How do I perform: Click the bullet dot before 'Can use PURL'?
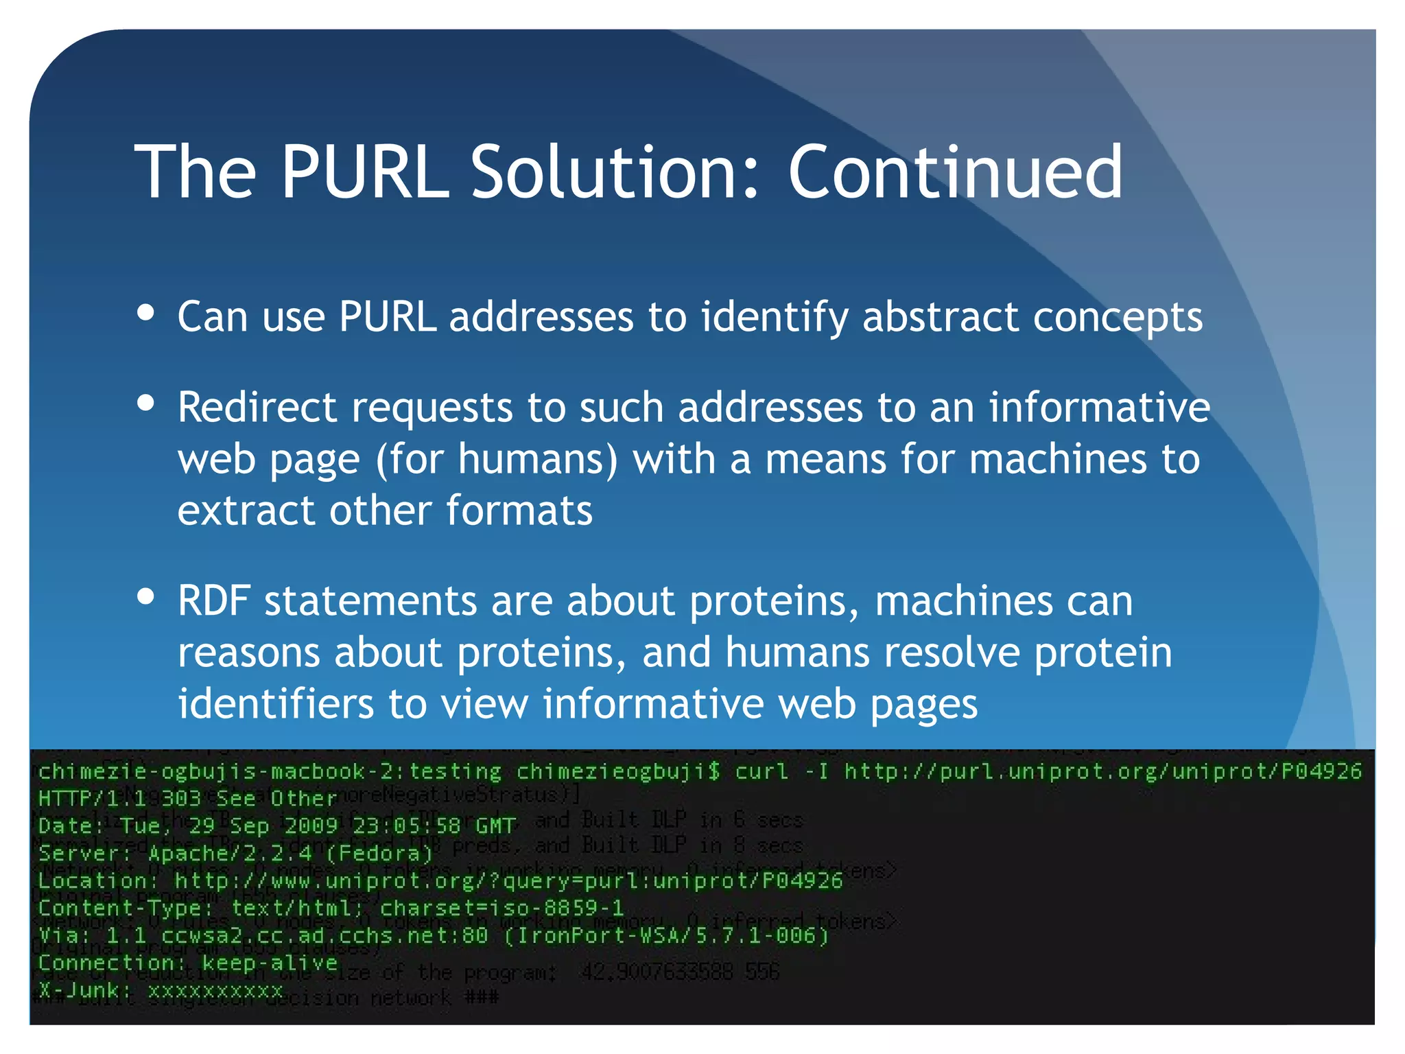coord(145,313)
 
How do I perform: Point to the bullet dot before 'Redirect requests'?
coord(145,403)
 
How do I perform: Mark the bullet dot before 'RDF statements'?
coord(145,596)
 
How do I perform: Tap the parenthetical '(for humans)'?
coord(497,459)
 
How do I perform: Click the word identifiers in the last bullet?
coord(276,704)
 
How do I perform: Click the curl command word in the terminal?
coord(761,772)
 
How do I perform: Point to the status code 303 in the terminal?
coord(181,799)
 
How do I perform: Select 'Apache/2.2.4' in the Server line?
coord(229,854)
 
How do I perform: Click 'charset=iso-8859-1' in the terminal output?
coord(501,908)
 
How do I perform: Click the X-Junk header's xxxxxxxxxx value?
coord(215,990)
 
